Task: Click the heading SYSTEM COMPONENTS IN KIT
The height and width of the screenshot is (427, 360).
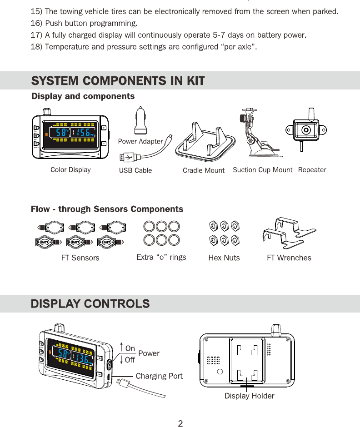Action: [x=118, y=81]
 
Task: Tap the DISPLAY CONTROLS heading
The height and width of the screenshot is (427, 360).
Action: [x=90, y=303]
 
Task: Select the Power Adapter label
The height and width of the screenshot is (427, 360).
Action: [x=140, y=141]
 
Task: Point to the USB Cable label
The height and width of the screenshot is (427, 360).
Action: [x=135, y=170]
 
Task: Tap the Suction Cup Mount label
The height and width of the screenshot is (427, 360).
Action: [x=262, y=170]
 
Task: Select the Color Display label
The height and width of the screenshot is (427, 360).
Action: [x=70, y=170]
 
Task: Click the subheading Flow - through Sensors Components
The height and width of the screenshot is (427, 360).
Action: [x=107, y=209]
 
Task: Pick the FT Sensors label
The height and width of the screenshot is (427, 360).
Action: [x=80, y=258]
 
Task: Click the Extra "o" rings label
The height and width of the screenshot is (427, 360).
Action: [x=161, y=258]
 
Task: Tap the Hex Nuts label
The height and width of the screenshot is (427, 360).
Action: [x=224, y=258]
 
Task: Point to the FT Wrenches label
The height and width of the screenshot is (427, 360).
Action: [x=289, y=258]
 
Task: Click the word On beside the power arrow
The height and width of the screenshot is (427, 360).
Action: [x=130, y=348]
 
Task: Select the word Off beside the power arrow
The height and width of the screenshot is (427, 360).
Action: [x=130, y=360]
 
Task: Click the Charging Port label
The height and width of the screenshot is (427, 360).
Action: [x=159, y=376]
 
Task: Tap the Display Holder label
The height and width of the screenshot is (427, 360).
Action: [x=249, y=396]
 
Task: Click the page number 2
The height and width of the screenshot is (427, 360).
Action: [x=180, y=424]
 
